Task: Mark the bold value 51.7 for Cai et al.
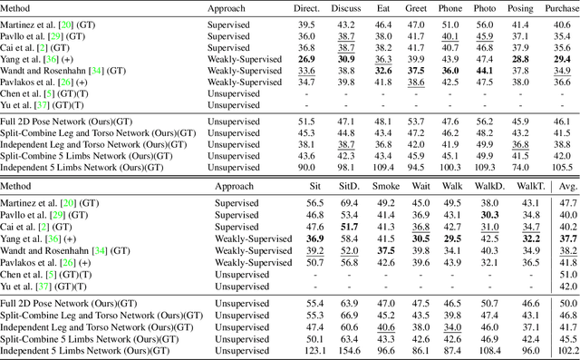[x=349, y=226]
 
